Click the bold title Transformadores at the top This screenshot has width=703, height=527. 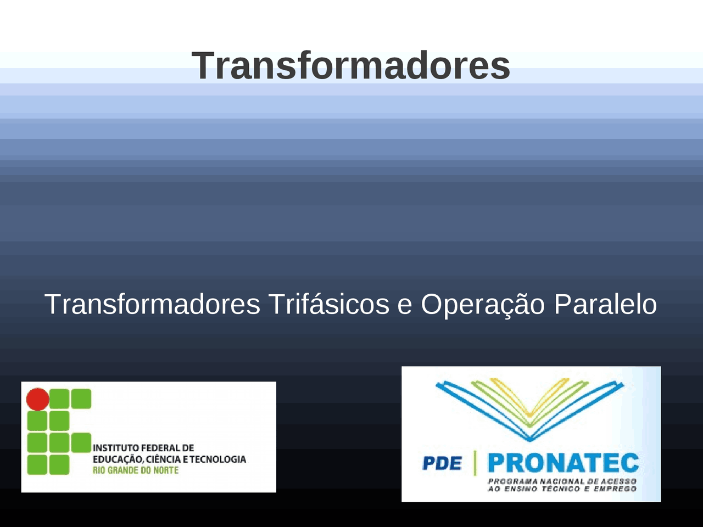tap(351, 66)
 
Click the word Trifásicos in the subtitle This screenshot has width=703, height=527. tap(328, 304)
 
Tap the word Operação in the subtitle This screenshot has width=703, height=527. tap(482, 304)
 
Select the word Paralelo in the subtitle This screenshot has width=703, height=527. tap(605, 304)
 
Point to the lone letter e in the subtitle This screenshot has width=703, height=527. tap(404, 305)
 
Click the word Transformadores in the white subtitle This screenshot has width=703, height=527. tap(152, 304)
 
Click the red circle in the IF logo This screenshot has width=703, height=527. tap(38, 399)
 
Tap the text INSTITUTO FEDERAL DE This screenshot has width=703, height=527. tap(143, 448)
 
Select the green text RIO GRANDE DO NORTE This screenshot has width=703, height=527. tap(135, 470)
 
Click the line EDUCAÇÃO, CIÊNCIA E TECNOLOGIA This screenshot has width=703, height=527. tap(169, 459)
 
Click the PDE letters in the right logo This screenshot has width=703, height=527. tap(442, 463)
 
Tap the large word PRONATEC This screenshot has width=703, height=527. tap(562, 463)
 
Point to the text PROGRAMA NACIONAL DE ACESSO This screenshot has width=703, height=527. tap(561, 481)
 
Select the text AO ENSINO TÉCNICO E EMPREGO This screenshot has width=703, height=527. tap(561, 489)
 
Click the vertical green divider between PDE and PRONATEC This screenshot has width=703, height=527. tap(475, 463)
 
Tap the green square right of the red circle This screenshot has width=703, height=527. tap(59, 399)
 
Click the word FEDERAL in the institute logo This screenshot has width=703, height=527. tap(159, 448)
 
